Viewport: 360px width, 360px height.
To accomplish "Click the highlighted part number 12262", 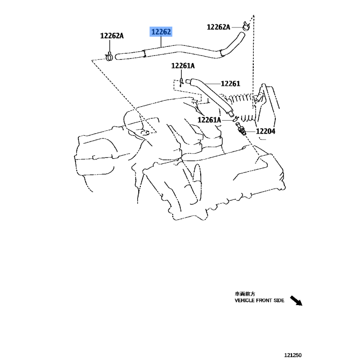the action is [x=161, y=31].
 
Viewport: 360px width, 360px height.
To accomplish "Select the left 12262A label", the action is [x=112, y=36].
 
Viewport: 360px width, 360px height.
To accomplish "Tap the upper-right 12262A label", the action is [x=218, y=27].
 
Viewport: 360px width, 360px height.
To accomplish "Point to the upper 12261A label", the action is [x=183, y=66].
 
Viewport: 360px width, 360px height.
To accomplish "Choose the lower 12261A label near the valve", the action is [x=209, y=120].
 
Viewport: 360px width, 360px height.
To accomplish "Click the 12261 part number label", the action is [x=230, y=84].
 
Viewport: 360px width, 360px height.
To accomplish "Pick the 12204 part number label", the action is [x=265, y=131].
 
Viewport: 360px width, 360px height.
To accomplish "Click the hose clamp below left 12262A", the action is [x=109, y=57].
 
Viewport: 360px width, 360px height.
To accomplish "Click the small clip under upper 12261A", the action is [x=181, y=82].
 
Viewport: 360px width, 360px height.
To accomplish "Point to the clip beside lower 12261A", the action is [x=235, y=119].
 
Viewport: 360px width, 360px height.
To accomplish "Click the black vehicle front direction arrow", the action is [x=296, y=301].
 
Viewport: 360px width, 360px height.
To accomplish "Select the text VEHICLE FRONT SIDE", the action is [x=260, y=300].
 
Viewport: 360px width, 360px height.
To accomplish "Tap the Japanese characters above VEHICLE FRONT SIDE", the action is [x=245, y=294].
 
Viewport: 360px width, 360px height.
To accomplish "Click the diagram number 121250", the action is [x=293, y=355].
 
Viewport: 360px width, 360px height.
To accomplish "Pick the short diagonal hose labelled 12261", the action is [x=210, y=96].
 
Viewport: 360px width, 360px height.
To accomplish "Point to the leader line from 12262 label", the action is [x=161, y=42].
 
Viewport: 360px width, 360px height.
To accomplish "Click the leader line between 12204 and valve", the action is [x=251, y=131].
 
